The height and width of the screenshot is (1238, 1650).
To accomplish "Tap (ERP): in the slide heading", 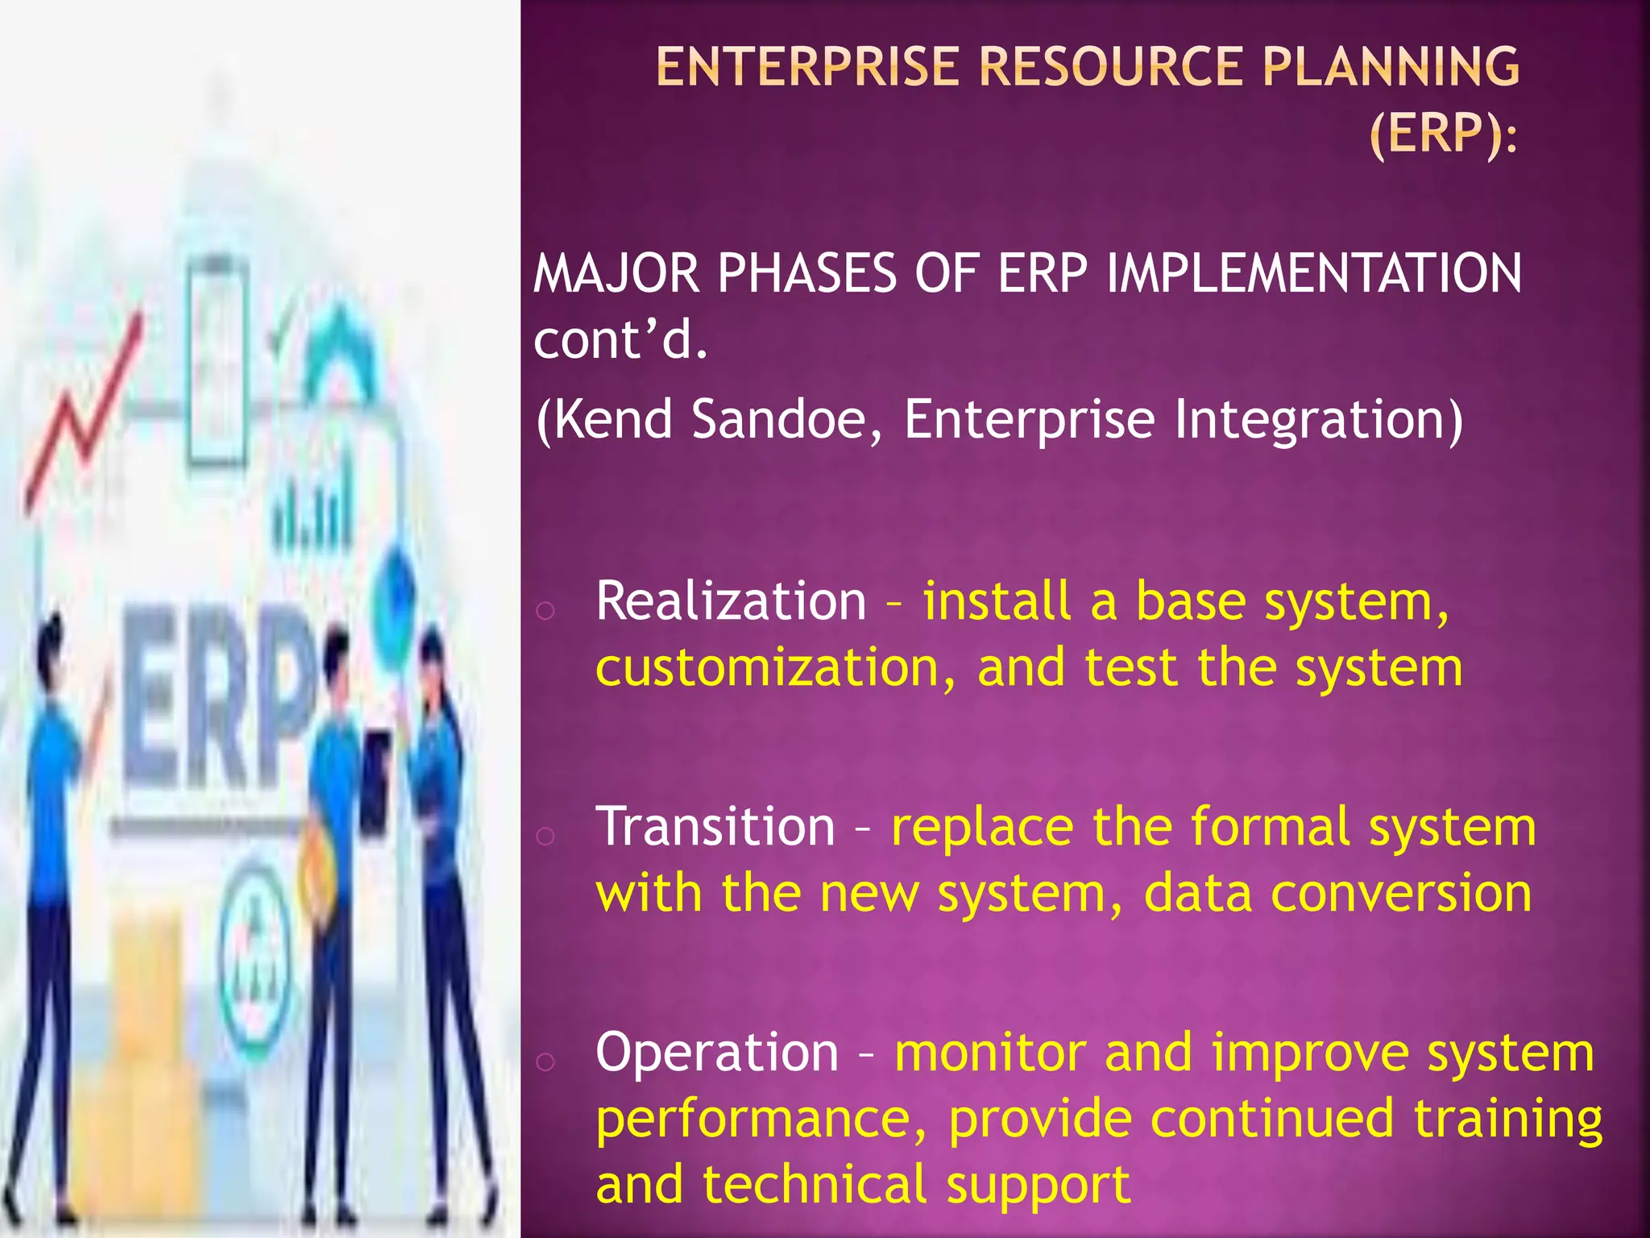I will pos(1443,133).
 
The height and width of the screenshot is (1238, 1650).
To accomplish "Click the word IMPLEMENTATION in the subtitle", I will pos(1314,273).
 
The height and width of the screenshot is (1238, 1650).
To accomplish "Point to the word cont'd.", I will pos(620,339).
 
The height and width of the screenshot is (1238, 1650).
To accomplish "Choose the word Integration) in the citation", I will pos(1318,419).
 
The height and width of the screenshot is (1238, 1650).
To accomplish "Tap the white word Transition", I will pos(715,827).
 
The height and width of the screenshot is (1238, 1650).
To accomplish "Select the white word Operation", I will pos(717,1053).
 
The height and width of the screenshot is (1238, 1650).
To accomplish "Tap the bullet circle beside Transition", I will pos(545,835).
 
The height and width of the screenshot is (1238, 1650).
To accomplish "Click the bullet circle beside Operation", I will pos(545,1061).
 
